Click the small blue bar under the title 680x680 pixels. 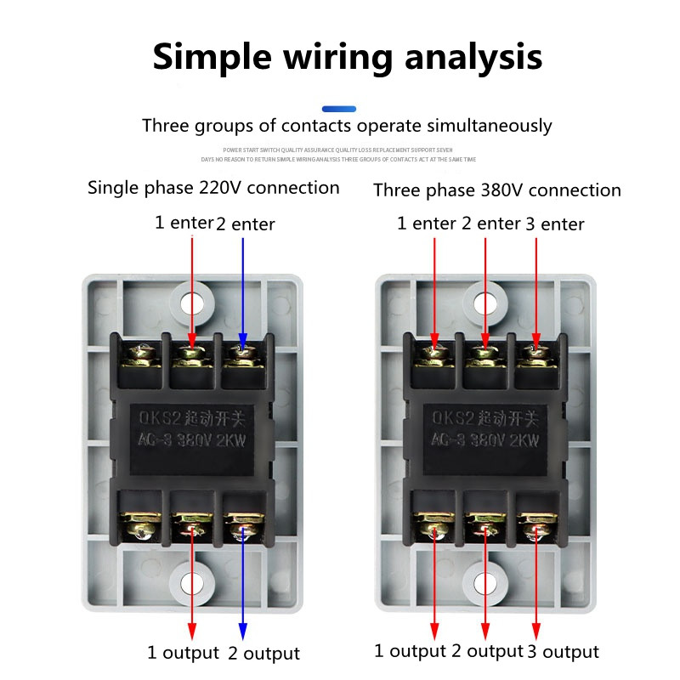(x=339, y=109)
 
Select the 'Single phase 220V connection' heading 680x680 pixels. (x=213, y=188)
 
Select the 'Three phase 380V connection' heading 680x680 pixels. (x=496, y=190)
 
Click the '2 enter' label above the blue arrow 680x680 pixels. (x=246, y=224)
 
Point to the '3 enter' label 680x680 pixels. (x=554, y=224)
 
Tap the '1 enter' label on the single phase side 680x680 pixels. (x=184, y=223)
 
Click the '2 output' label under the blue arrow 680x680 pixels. (x=263, y=653)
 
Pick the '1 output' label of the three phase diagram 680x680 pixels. (x=411, y=651)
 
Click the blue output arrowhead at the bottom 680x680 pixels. (x=243, y=631)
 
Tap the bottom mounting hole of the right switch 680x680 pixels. (x=485, y=583)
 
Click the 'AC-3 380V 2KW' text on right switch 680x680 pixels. (x=486, y=440)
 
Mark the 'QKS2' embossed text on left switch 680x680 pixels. (x=155, y=418)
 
